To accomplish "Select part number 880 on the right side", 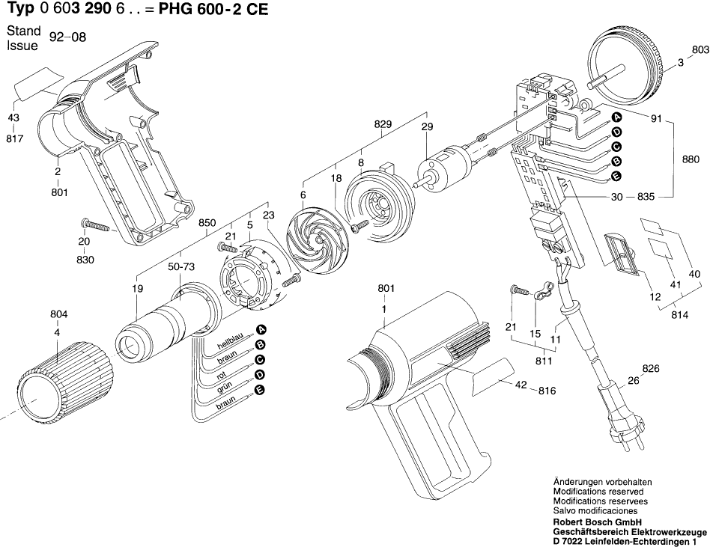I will pyautogui.click(x=691, y=159).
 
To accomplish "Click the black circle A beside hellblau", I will pyautogui.click(x=260, y=331).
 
